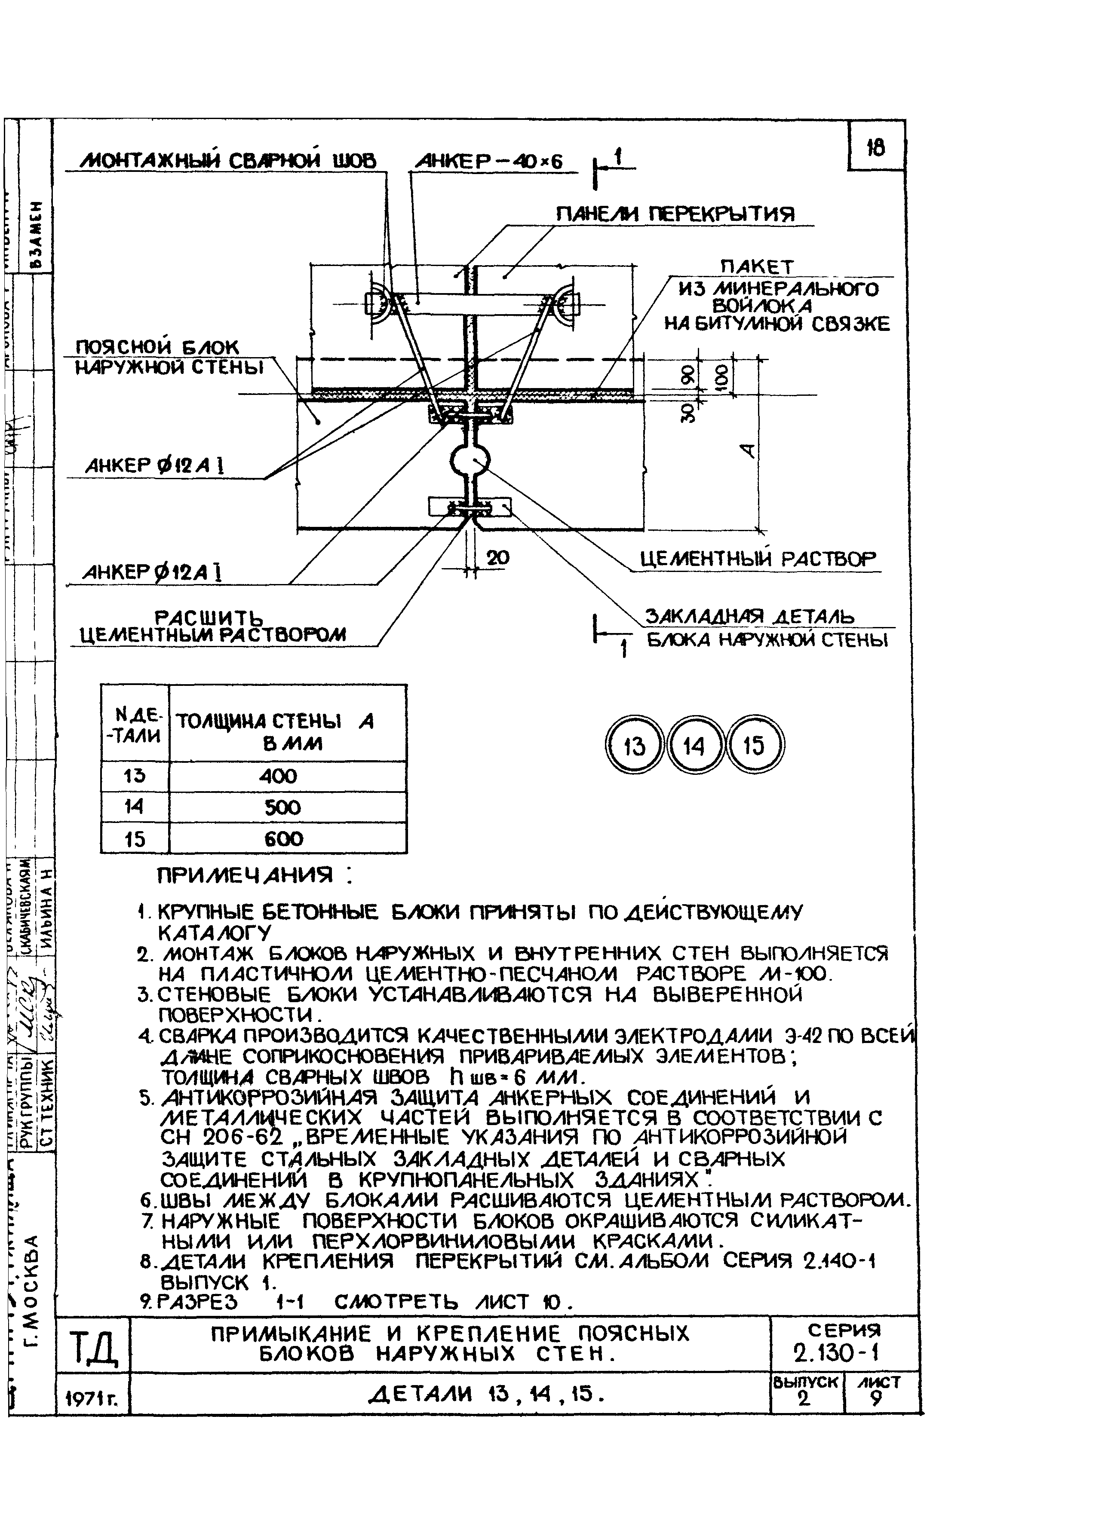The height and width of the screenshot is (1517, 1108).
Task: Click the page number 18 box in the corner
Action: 876,146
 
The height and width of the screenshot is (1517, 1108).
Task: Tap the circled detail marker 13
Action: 633,746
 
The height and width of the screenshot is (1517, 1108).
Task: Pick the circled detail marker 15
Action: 755,746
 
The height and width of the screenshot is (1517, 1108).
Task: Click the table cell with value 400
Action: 278,776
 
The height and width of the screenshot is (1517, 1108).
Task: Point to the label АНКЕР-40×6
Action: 490,162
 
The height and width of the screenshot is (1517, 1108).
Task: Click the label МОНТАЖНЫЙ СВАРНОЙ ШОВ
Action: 228,162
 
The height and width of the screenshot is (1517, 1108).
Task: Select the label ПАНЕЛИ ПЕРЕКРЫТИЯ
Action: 675,214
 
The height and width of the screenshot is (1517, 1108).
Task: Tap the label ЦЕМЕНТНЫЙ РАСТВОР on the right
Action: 758,559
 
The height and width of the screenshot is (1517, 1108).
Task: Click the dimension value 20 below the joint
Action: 497,558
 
